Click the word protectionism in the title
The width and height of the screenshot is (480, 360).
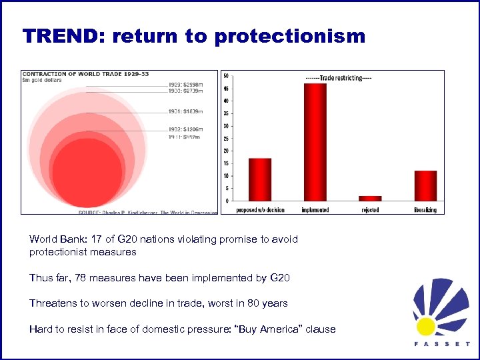tap(290, 36)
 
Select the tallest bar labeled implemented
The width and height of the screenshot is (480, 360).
tap(315, 141)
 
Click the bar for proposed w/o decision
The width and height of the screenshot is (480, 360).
tap(260, 179)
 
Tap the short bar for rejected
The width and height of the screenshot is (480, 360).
tap(370, 198)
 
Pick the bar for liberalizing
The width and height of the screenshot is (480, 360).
tap(425, 185)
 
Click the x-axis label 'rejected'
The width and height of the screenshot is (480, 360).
tap(370, 210)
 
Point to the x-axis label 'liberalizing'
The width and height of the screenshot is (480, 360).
tap(425, 210)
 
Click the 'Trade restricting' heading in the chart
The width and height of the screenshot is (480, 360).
tap(339, 78)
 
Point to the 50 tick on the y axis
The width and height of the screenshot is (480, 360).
tap(225, 75)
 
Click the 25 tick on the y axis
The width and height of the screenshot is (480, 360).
tap(225, 138)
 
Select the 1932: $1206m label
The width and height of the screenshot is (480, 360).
tap(185, 129)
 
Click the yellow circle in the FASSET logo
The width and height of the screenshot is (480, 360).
tap(426, 326)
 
